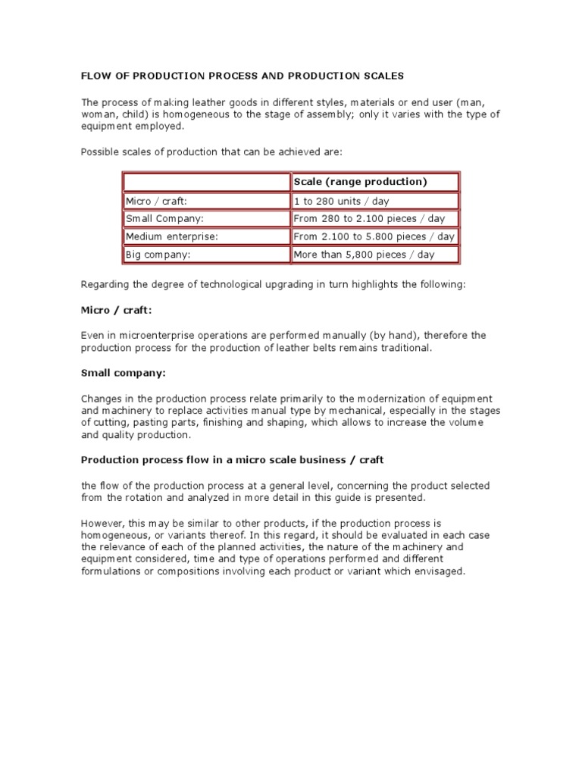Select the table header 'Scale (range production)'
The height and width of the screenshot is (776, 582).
coord(360,182)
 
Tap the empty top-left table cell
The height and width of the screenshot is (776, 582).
coord(207,182)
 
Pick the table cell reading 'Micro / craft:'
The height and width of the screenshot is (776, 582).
coord(155,200)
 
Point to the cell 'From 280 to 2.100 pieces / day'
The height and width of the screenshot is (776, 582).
coord(369,218)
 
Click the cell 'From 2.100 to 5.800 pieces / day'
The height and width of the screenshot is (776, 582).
coord(374,236)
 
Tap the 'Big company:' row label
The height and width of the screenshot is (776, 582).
coord(158,255)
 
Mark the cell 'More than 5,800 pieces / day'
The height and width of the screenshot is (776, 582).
coord(364,255)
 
